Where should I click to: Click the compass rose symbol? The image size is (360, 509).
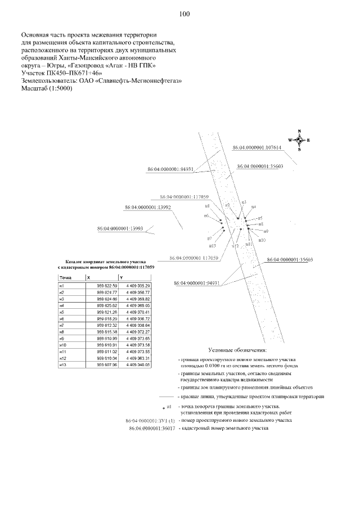(x=299, y=140)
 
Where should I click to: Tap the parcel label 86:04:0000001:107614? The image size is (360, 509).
(x=256, y=147)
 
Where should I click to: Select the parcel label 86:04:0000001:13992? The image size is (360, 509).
(x=147, y=208)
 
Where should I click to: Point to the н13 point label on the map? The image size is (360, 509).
(x=213, y=245)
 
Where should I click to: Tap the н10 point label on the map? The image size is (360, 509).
(x=262, y=240)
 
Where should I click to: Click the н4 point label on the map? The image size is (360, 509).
(x=254, y=207)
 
